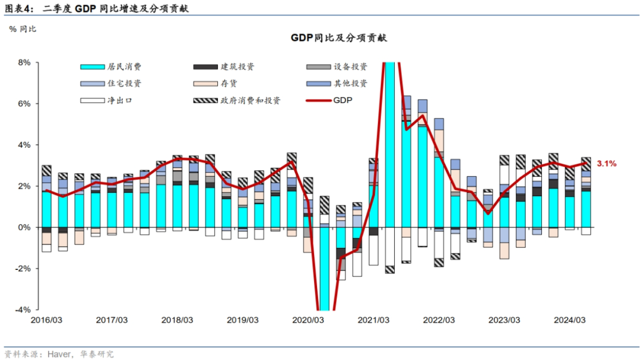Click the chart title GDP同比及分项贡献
338,38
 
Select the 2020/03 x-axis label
308,320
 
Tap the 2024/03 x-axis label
570,320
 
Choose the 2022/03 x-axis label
439,320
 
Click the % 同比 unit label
23,28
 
